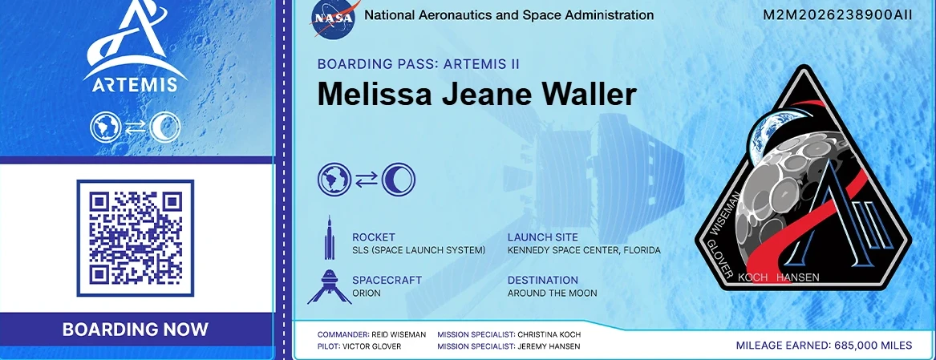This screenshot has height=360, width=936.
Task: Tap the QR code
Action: coord(136,237)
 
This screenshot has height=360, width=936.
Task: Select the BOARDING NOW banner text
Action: coord(136,330)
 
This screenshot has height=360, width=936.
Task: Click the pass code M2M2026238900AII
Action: coord(837,15)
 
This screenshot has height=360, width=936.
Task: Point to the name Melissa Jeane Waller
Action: coord(476,95)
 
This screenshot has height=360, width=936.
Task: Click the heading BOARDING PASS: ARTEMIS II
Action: coord(419,64)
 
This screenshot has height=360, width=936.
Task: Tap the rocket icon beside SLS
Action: coord(329,237)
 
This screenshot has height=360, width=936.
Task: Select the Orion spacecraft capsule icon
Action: coord(329,287)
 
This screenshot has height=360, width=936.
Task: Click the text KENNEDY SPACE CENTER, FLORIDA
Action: coord(584,250)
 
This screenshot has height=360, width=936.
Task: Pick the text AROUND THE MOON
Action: coord(552,293)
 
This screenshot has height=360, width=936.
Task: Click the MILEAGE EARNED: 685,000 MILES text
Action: coord(824,345)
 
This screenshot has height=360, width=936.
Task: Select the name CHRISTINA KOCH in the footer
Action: coord(549,334)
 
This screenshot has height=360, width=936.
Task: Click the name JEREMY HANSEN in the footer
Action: coord(549,346)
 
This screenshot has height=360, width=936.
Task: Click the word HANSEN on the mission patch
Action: coord(797,277)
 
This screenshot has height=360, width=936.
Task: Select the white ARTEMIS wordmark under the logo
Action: coord(135,83)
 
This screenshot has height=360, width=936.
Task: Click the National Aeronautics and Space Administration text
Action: coord(509,15)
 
